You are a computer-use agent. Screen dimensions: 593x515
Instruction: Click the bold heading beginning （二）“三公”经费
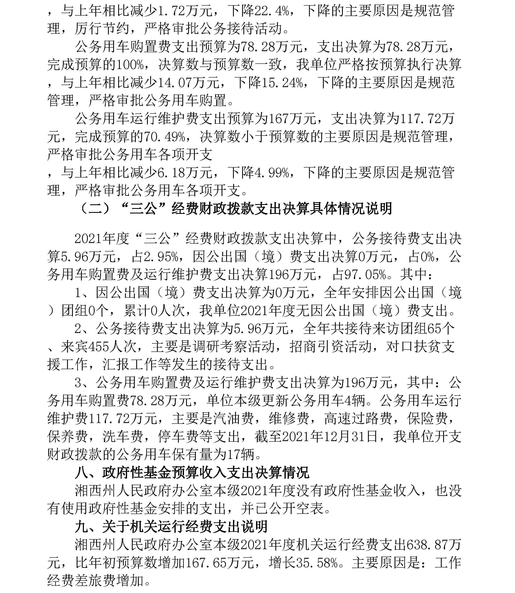pyautogui.click(x=234, y=208)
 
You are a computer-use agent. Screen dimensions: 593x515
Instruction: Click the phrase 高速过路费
pyautogui.click(x=358, y=419)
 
